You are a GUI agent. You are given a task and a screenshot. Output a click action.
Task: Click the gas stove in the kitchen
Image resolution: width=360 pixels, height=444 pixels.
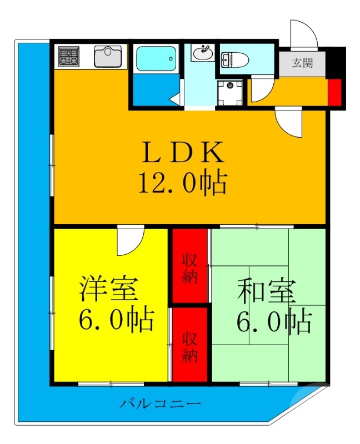tap(68, 56)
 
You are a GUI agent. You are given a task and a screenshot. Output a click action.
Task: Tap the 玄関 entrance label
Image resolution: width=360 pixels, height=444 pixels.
tap(303, 62)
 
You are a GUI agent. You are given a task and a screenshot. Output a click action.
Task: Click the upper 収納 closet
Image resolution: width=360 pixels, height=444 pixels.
tap(189, 268)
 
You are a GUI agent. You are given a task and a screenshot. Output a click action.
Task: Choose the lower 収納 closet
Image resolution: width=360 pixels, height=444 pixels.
tap(189, 346)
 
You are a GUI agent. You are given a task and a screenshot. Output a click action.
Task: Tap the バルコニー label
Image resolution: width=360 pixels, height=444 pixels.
tap(160, 403)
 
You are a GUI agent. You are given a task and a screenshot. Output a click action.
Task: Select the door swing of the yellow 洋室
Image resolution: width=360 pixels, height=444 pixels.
tap(130, 240)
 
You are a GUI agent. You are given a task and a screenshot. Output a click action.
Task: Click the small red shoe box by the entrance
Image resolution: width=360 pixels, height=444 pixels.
tap(334, 92)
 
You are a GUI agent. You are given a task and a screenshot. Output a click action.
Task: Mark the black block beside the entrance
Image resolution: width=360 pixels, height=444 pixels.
tap(336, 62)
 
